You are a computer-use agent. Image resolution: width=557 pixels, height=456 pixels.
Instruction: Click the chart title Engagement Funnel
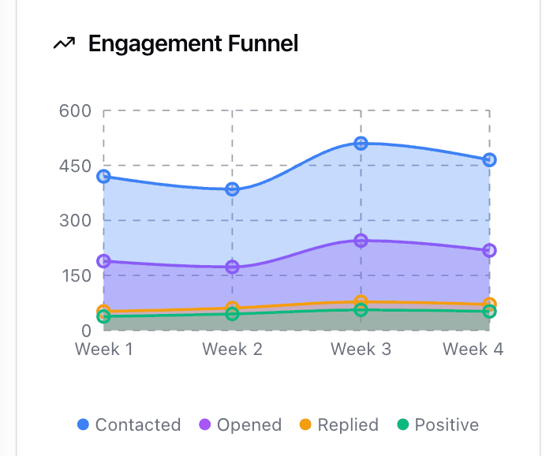click(x=193, y=43)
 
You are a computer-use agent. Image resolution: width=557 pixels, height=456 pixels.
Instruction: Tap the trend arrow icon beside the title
click(x=64, y=44)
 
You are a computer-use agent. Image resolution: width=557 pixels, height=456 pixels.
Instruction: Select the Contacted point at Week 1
click(x=103, y=177)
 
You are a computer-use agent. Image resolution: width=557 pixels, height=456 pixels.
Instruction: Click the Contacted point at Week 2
click(x=232, y=189)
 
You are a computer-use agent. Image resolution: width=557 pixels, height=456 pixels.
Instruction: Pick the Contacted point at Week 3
click(x=361, y=144)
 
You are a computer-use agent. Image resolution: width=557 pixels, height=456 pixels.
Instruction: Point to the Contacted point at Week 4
click(x=489, y=160)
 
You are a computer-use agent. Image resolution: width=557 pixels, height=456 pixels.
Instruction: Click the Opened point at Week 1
click(x=103, y=261)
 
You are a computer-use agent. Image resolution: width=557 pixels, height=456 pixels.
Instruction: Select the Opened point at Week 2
click(x=232, y=267)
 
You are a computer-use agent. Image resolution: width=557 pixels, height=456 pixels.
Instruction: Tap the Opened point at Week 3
click(x=361, y=241)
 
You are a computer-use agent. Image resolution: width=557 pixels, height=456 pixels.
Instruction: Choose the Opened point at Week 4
click(x=489, y=251)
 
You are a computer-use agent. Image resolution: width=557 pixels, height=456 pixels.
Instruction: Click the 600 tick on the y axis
click(x=76, y=110)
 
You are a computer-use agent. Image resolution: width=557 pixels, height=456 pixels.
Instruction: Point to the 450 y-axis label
click(x=76, y=166)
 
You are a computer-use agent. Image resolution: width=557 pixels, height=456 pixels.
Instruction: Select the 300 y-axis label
click(x=76, y=220)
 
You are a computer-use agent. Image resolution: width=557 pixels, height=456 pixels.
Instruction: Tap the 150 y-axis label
click(x=76, y=275)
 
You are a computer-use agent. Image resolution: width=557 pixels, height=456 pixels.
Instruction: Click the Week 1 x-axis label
click(x=103, y=349)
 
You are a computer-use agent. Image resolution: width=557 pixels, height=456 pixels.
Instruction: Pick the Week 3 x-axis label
click(x=361, y=349)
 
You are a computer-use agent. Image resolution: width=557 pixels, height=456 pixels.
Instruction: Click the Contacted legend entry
click(x=129, y=425)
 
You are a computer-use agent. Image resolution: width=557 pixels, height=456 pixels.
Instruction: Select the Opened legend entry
click(x=241, y=425)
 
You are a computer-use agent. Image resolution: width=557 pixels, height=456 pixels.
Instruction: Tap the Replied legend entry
click(x=340, y=425)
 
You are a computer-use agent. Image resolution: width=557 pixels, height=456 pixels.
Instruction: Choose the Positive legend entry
click(x=438, y=425)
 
